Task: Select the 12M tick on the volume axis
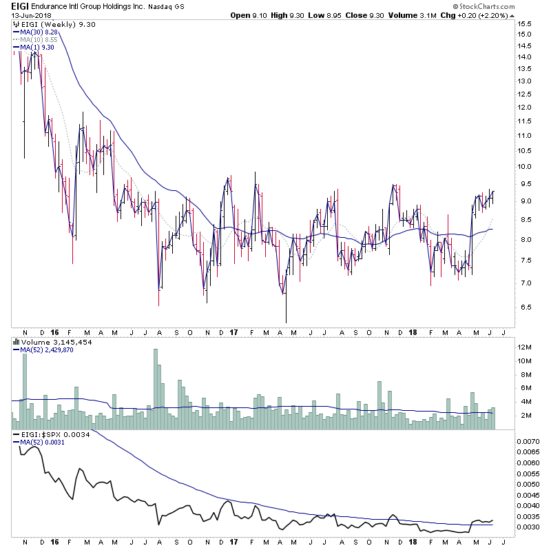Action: pyautogui.click(x=524, y=347)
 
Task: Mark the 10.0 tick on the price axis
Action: pyautogui.click(x=526, y=166)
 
